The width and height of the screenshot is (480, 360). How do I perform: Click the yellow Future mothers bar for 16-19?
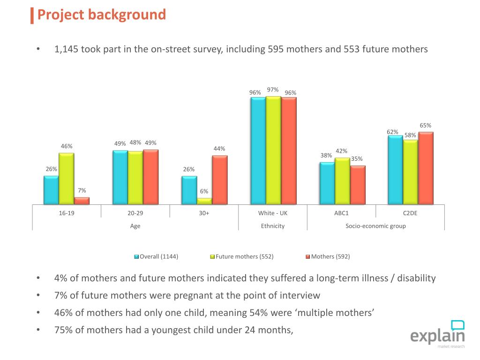[66, 179]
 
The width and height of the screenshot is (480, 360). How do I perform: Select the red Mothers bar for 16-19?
[82, 201]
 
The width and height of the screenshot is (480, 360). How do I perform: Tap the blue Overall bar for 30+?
[189, 190]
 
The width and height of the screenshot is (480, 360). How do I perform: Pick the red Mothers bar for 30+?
[219, 180]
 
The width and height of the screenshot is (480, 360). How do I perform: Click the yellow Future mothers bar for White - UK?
[273, 150]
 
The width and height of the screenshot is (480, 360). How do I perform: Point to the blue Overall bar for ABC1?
[327, 183]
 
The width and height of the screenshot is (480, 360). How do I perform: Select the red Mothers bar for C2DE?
[426, 168]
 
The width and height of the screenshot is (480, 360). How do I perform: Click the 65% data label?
[425, 125]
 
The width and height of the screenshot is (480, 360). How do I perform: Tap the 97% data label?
[273, 90]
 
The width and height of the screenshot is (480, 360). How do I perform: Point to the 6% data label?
[204, 191]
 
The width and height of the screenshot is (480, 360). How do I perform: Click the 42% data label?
[341, 151]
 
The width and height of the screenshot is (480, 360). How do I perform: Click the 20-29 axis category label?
[135, 213]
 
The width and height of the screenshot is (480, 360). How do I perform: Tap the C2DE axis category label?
[410, 213]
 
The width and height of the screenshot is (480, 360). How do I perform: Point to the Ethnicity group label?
[273, 226]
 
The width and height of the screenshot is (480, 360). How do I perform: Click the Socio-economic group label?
[375, 226]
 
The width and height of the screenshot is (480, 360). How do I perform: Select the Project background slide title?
[101, 15]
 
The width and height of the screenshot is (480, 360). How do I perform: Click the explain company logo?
[437, 334]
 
